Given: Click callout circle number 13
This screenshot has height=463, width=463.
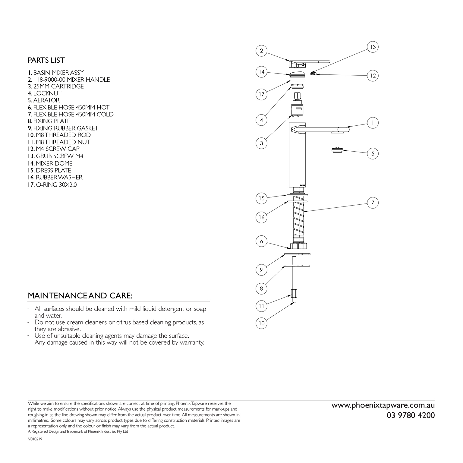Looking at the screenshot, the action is (373, 47).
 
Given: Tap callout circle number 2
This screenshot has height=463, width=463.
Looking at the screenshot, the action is (261, 51).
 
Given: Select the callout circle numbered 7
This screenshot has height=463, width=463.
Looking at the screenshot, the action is (373, 203).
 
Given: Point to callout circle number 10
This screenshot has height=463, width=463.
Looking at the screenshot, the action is (261, 323).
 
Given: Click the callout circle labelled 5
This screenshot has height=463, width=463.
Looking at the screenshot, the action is (373, 154).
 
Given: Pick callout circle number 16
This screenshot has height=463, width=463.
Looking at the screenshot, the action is (261, 217).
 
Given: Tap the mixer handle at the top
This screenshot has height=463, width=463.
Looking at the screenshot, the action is (309, 64).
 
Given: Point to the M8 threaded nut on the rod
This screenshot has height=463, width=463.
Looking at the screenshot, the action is (294, 293).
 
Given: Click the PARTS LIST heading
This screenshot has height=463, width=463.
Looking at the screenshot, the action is (46, 60).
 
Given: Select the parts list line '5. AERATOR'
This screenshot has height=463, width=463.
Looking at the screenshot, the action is (44, 100).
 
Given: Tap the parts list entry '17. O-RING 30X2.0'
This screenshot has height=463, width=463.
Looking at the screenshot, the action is (52, 184).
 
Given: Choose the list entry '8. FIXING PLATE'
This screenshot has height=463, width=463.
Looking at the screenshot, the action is (49, 121).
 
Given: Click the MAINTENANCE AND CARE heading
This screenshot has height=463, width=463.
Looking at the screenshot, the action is (80, 296).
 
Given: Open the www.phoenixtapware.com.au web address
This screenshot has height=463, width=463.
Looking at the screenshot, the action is (383, 405).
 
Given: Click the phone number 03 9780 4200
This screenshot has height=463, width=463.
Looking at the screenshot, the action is (411, 415).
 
